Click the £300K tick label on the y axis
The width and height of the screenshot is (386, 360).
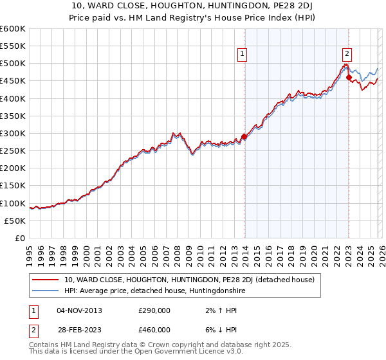click(12, 133)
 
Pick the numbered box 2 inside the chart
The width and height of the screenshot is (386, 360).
click(347, 55)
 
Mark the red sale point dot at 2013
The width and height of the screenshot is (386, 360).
click(244, 136)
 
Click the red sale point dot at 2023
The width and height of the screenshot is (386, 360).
click(349, 78)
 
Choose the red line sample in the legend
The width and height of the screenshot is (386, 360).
click(45, 280)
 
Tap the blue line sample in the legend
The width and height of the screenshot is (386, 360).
click(45, 291)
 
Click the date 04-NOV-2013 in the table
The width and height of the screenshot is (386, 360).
click(79, 310)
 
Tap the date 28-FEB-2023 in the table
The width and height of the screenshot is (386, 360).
click(79, 330)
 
